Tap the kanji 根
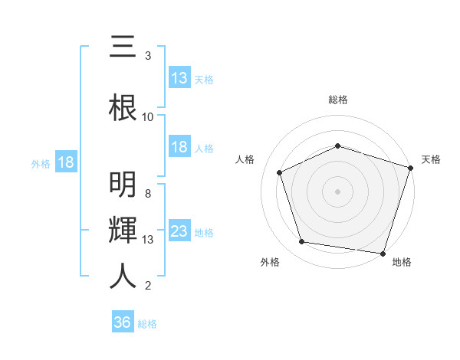(123, 106)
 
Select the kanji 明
(123, 185)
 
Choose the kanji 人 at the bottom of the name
(123, 275)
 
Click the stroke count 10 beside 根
(148, 117)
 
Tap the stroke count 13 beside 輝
(148, 240)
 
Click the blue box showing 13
(179, 77)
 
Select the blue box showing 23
(179, 231)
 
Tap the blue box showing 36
(123, 322)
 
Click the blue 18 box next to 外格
(65, 162)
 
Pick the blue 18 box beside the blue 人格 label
(179, 147)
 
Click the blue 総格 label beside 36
(147, 324)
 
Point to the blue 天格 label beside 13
(204, 79)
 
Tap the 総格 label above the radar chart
(338, 100)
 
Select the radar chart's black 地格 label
(402, 262)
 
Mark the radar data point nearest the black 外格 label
(302, 242)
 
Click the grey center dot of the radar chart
(338, 191)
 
